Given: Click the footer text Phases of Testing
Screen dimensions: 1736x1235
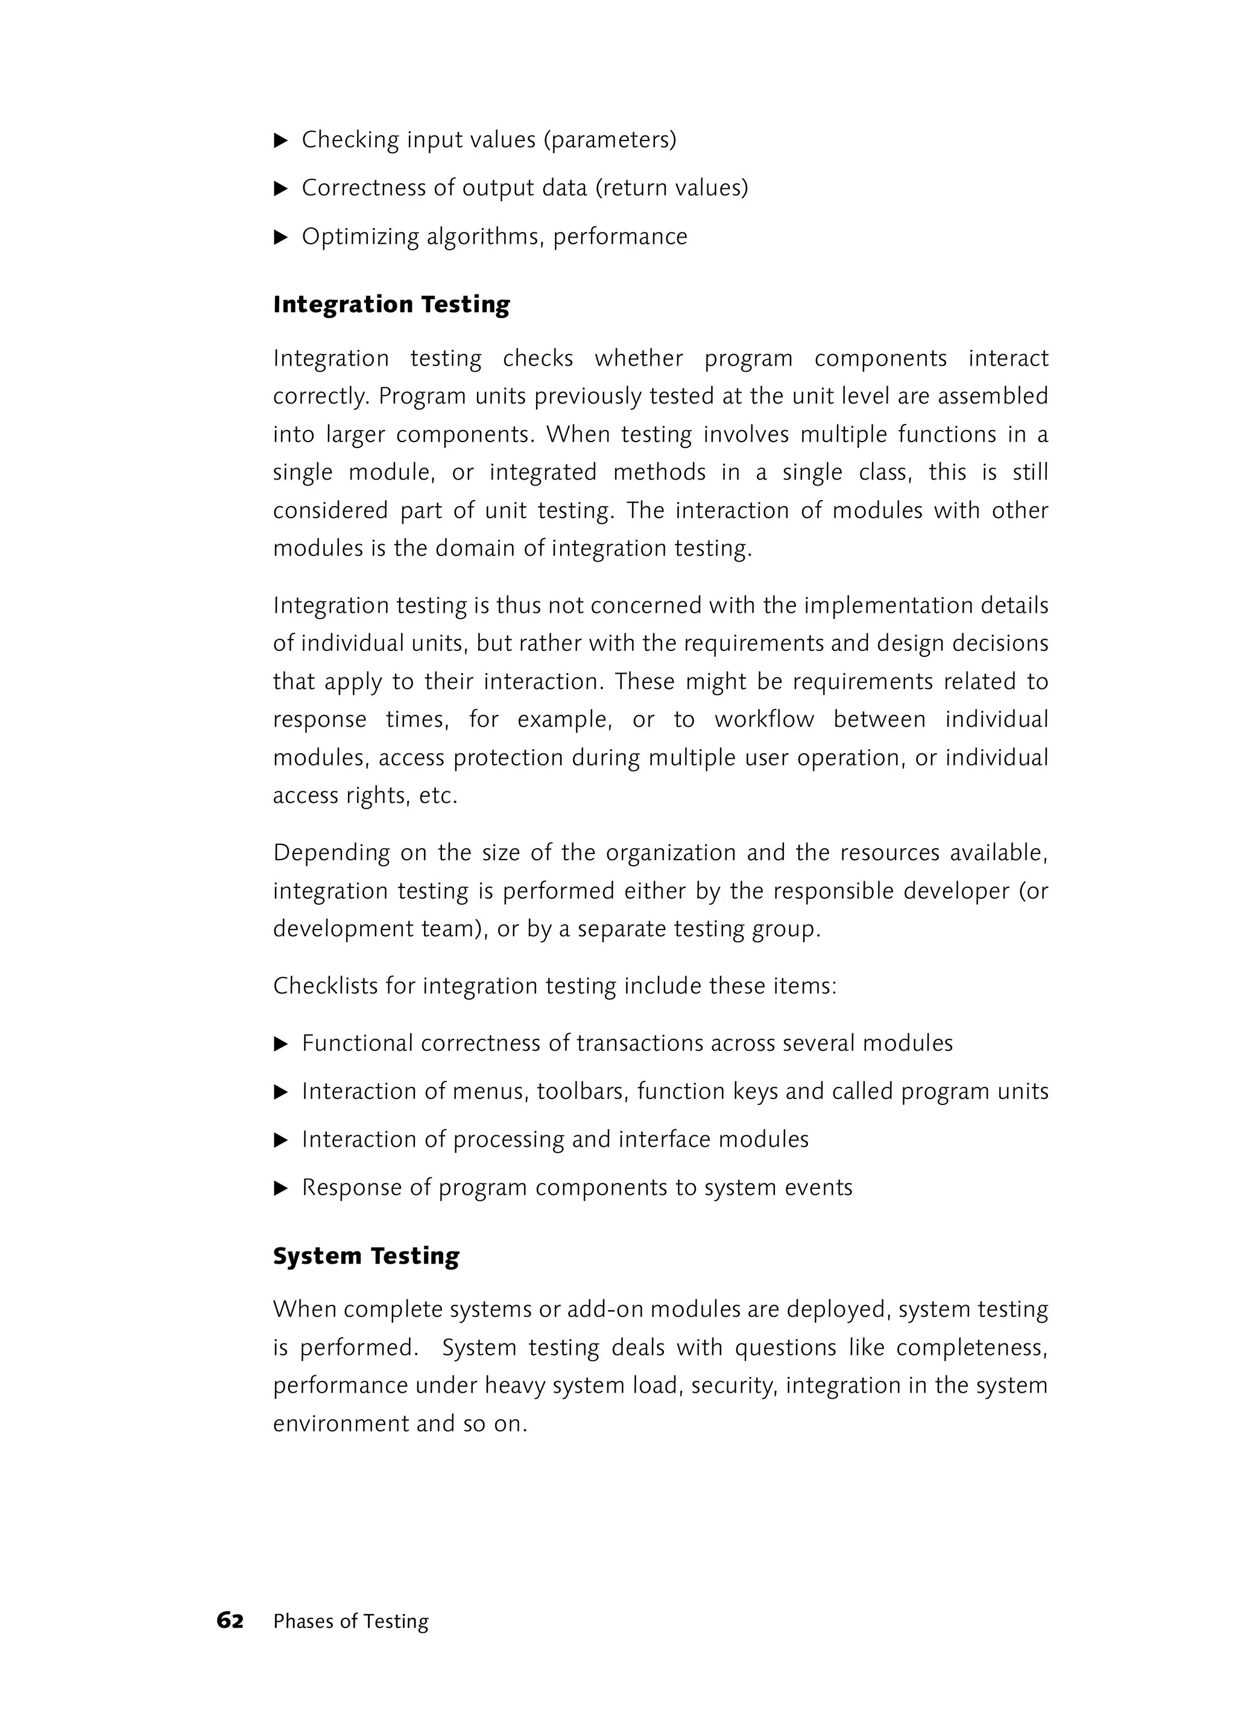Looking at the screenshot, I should pyautogui.click(x=350, y=1622).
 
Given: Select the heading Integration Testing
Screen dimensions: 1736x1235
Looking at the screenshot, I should pyautogui.click(x=391, y=304).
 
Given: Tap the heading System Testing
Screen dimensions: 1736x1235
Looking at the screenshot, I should pyautogui.click(x=366, y=1256).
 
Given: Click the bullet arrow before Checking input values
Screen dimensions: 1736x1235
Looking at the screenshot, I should pyautogui.click(x=280, y=141).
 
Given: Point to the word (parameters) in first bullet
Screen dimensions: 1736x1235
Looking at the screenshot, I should pyautogui.click(x=609, y=141).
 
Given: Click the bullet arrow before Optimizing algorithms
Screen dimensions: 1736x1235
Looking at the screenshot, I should pyautogui.click(x=280, y=237).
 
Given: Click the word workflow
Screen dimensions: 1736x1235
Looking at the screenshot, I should pyautogui.click(x=763, y=720).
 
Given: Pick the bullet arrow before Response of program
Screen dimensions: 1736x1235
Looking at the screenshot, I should pyautogui.click(x=280, y=1188).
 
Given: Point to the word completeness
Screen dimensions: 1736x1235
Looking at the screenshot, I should pyautogui.click(x=971, y=1348).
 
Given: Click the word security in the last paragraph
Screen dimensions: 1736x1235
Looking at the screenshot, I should pyautogui.click(x=734, y=1386).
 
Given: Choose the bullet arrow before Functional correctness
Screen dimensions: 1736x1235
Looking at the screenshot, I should pyautogui.click(x=280, y=1044).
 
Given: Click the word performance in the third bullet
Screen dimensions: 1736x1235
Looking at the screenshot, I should pyautogui.click(x=620, y=237).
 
